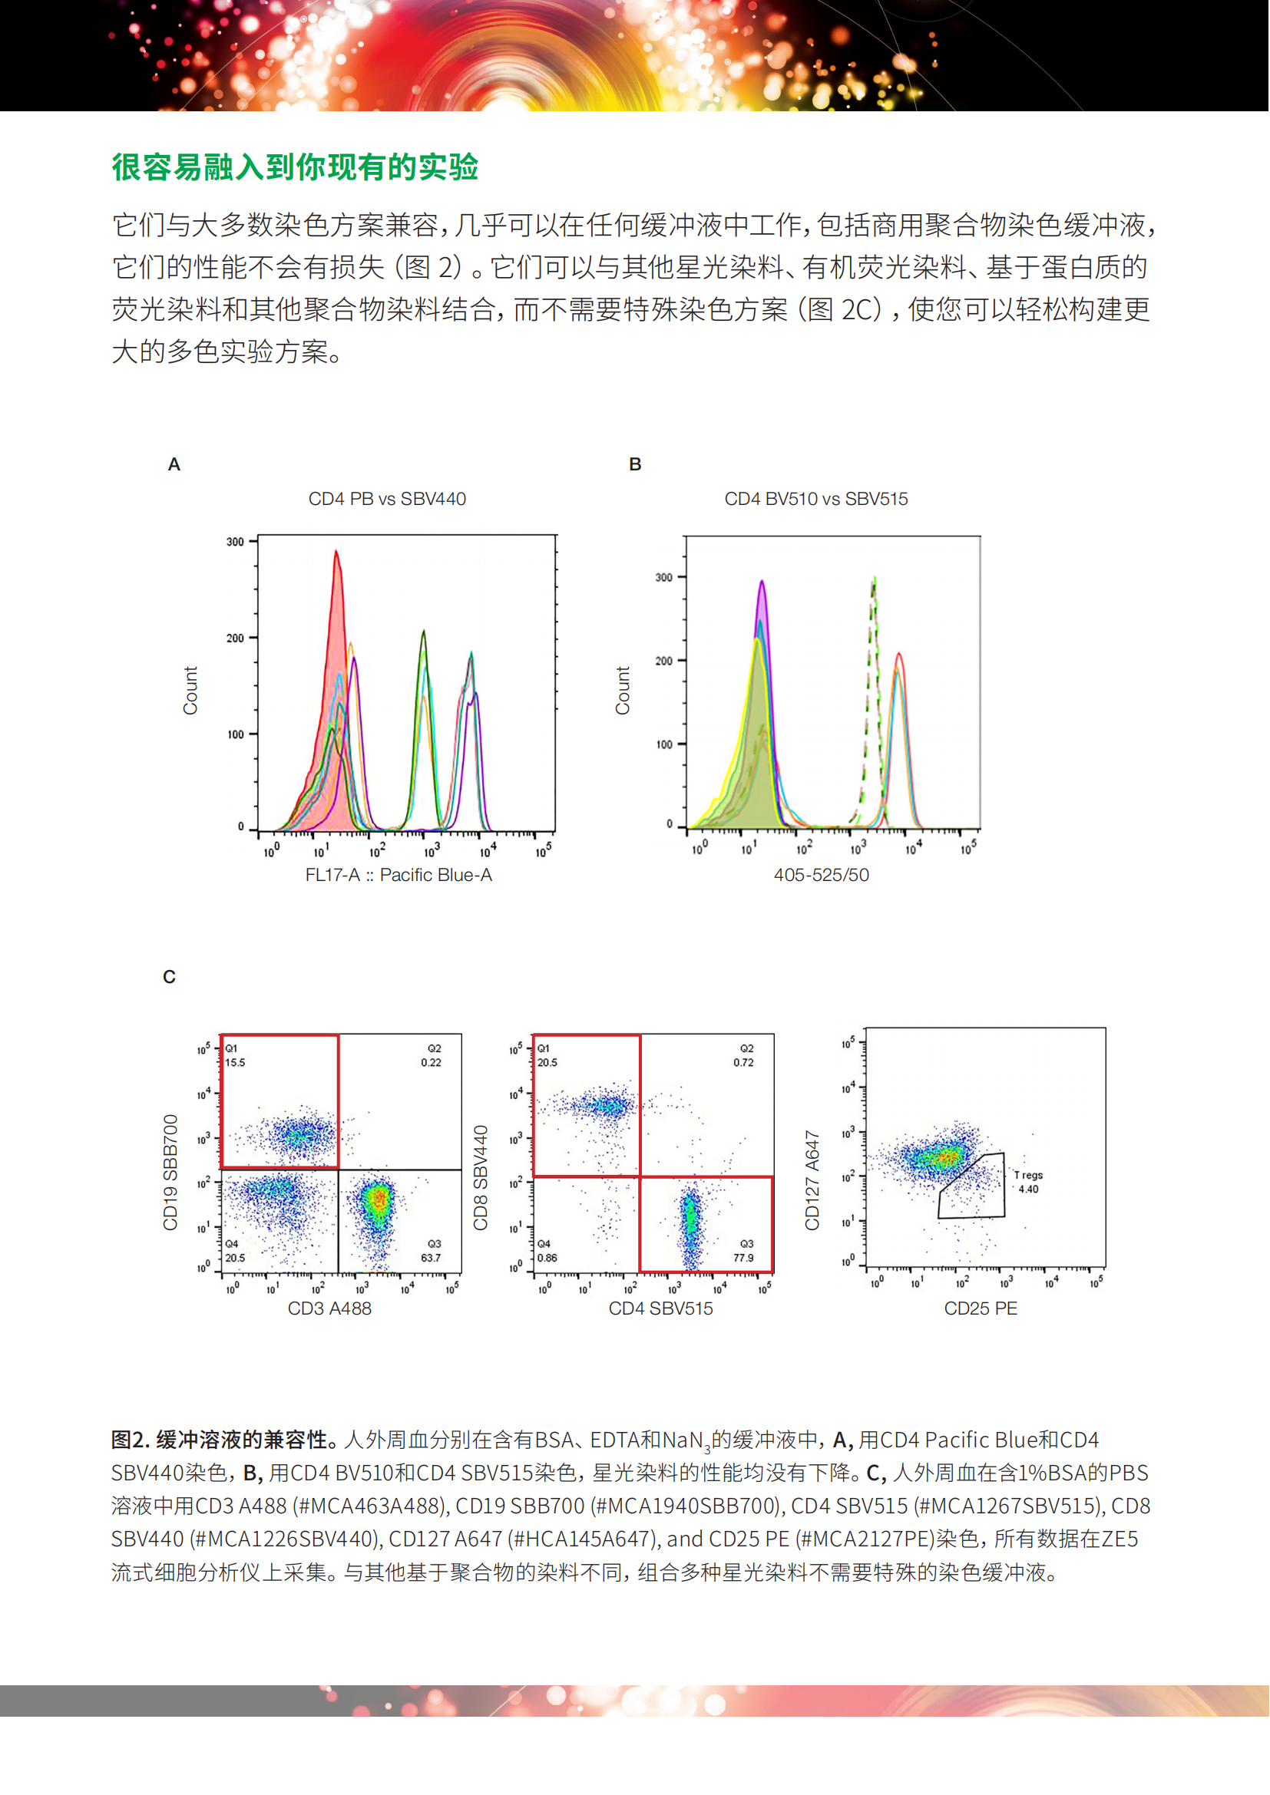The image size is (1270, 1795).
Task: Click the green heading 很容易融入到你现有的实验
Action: pyautogui.click(x=295, y=167)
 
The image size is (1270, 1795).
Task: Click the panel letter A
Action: pyautogui.click(x=174, y=464)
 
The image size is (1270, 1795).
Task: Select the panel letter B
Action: pyautogui.click(x=635, y=464)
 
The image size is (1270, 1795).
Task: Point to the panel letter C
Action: pyautogui.click(x=169, y=976)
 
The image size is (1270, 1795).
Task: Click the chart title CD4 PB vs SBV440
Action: pyautogui.click(x=387, y=499)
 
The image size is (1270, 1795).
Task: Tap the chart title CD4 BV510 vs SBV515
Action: pyautogui.click(x=815, y=499)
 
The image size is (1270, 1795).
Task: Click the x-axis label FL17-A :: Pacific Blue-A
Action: pyautogui.click(x=398, y=875)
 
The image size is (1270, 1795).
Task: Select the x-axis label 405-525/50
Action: pyautogui.click(x=821, y=875)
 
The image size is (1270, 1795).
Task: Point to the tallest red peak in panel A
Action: pyautogui.click(x=336, y=553)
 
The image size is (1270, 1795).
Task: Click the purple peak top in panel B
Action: pyautogui.click(x=762, y=582)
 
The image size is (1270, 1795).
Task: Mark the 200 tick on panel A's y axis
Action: pyautogui.click(x=236, y=638)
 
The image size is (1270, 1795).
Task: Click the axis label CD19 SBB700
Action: pyautogui.click(x=170, y=1172)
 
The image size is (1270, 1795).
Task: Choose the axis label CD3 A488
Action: pyautogui.click(x=329, y=1308)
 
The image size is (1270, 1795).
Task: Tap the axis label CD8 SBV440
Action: pyautogui.click(x=481, y=1177)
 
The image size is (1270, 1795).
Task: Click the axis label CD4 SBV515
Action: pyautogui.click(x=661, y=1308)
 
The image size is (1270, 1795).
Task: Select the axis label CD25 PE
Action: pyautogui.click(x=981, y=1308)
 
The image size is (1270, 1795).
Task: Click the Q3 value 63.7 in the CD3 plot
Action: pyautogui.click(x=430, y=1258)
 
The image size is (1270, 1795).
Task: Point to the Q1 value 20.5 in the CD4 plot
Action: pyautogui.click(x=547, y=1062)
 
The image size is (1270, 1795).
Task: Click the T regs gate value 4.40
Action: pyautogui.click(x=1028, y=1189)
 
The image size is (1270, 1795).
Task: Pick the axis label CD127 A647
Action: pyautogui.click(x=812, y=1180)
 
